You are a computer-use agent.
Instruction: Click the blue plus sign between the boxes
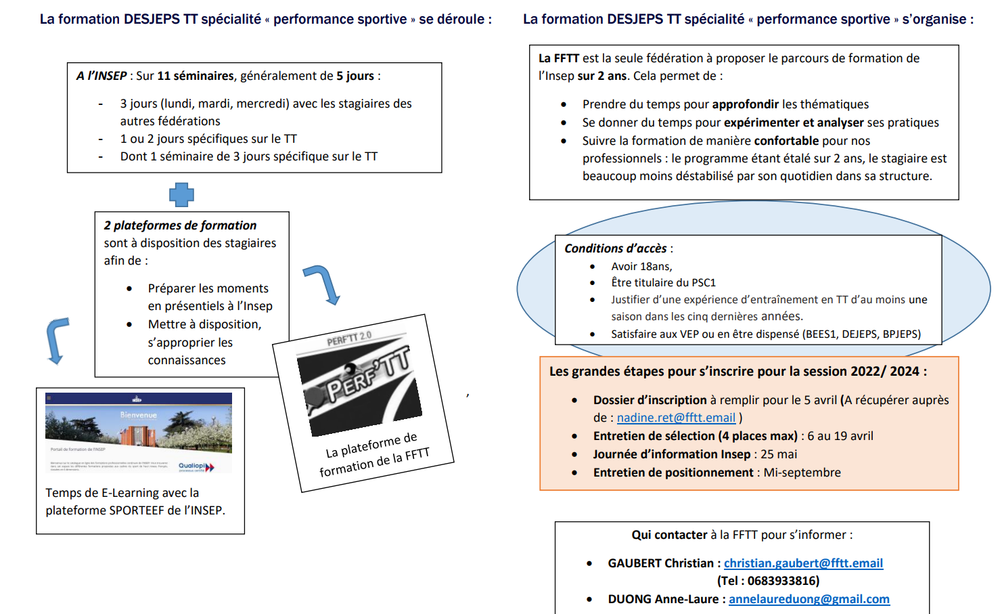181,194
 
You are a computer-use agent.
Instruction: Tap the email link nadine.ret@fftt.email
675,418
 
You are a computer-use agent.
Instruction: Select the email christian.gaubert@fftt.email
803,563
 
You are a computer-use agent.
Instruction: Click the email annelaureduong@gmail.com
809,599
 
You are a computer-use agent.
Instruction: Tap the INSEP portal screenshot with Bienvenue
139,432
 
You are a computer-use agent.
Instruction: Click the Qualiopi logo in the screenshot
196,466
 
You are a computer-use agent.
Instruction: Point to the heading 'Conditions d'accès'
615,248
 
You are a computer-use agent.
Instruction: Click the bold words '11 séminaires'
196,76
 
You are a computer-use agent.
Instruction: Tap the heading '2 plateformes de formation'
180,225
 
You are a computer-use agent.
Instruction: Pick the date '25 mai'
779,454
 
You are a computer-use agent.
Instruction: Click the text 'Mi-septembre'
802,473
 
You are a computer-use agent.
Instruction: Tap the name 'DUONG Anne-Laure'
663,599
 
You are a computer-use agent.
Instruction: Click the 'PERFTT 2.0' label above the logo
349,338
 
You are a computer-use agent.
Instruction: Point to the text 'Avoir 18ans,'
641,267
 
